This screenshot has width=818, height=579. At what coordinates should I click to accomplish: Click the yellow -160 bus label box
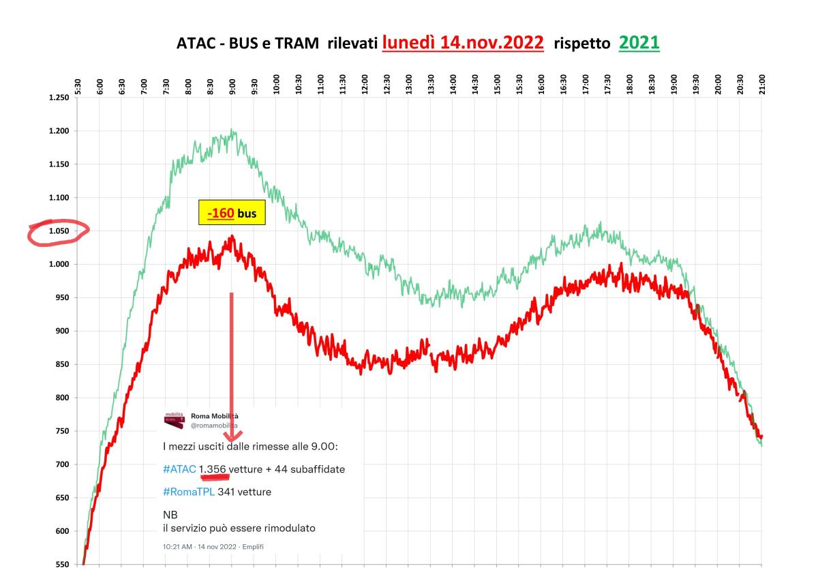[x=231, y=213]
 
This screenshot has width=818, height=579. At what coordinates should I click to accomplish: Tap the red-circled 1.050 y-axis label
[x=59, y=231]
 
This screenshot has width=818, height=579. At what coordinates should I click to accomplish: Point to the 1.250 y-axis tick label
[x=59, y=98]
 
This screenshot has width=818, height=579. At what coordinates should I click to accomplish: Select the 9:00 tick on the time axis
[x=232, y=85]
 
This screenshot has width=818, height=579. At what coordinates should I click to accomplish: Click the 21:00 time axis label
[x=762, y=85]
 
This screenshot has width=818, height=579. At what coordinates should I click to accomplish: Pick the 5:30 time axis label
[x=78, y=85]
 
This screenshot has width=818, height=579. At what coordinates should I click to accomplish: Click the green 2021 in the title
[x=639, y=43]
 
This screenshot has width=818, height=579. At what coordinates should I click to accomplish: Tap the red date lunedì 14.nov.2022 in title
[x=463, y=43]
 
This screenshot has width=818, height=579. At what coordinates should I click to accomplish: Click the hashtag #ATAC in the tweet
[x=179, y=469]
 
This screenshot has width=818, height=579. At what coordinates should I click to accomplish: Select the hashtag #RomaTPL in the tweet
[x=189, y=491]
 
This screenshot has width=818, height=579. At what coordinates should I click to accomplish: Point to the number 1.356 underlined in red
[x=215, y=469]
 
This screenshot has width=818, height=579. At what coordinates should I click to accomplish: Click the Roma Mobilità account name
[x=215, y=415]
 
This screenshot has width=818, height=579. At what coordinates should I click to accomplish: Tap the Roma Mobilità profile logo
[x=174, y=420]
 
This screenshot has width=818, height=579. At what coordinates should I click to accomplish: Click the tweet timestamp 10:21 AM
[x=177, y=547]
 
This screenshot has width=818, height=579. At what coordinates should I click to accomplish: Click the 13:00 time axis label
[x=409, y=85]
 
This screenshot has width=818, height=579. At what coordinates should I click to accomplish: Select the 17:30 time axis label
[x=607, y=85]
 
